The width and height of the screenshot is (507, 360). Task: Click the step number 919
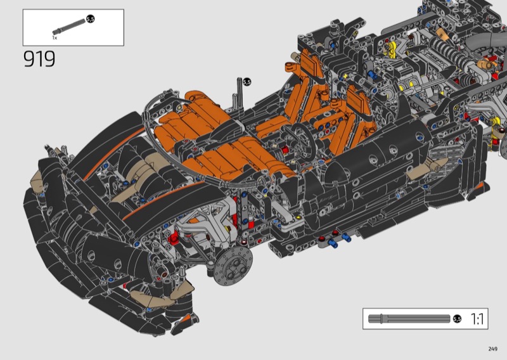[x=39, y=59]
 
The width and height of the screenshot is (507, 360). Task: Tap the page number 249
[x=493, y=349]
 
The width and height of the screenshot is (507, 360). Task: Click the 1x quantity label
[x=55, y=38]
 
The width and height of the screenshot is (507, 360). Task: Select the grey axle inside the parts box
[x=69, y=27]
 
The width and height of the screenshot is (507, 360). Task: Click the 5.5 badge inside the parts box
[x=91, y=20]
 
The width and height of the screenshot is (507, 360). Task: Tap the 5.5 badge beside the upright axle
[x=247, y=82]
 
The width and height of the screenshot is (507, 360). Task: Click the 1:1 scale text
[x=477, y=319]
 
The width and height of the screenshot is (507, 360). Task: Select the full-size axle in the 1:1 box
[x=409, y=319]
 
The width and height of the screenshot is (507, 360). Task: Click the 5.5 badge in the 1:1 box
[x=457, y=319]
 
